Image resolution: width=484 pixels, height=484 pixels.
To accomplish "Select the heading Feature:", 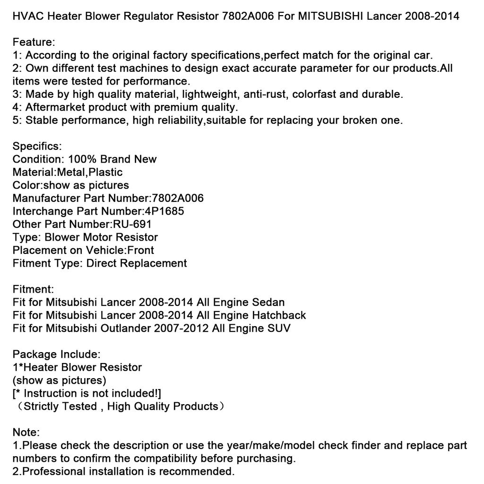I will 34,42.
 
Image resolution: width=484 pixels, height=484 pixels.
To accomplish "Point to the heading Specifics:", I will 37,146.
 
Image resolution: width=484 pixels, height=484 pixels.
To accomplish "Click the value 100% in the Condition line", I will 82,159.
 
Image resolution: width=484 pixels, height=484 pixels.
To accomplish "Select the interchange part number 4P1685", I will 164,211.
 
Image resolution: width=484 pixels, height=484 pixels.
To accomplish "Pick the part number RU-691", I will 132,224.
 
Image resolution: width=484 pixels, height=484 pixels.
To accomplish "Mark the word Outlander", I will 125,328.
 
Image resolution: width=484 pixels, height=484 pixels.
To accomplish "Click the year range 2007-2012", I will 181,328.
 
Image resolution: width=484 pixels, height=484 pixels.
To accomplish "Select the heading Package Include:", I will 56,354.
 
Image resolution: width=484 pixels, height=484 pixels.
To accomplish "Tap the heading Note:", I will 26,432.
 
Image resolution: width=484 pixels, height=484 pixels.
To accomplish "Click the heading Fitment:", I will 33,289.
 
